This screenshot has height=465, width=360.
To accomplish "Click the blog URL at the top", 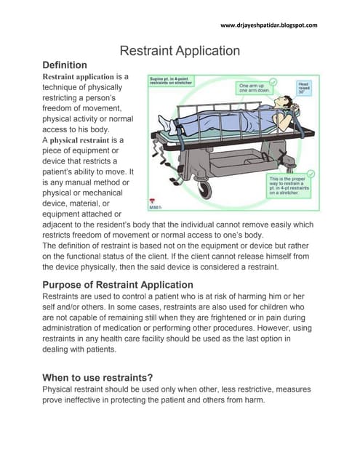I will [268, 26].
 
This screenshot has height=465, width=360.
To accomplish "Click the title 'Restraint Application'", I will [179, 51].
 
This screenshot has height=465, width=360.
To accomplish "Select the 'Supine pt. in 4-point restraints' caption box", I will [175, 79].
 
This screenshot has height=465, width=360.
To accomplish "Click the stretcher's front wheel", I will [206, 189].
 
